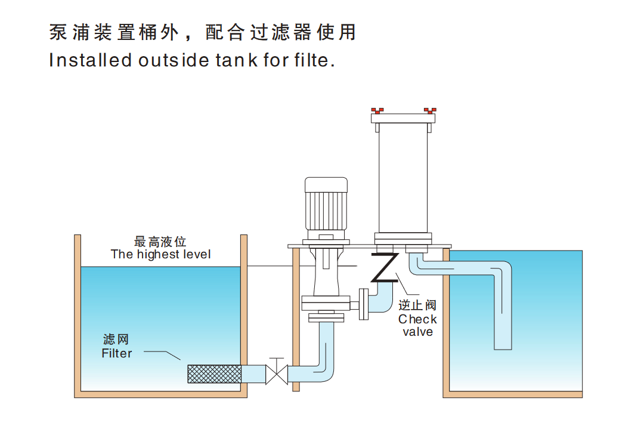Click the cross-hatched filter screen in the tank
[214, 374]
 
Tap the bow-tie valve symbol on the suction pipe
[276, 374]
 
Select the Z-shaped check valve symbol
[385, 268]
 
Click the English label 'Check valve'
[417, 325]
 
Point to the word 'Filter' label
[117, 353]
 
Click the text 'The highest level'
[160, 254]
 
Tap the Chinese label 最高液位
[160, 242]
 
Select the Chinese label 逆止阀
[417, 305]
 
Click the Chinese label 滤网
[116, 340]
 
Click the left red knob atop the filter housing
[377, 110]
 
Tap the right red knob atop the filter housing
[430, 110]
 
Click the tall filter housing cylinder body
[403, 179]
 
